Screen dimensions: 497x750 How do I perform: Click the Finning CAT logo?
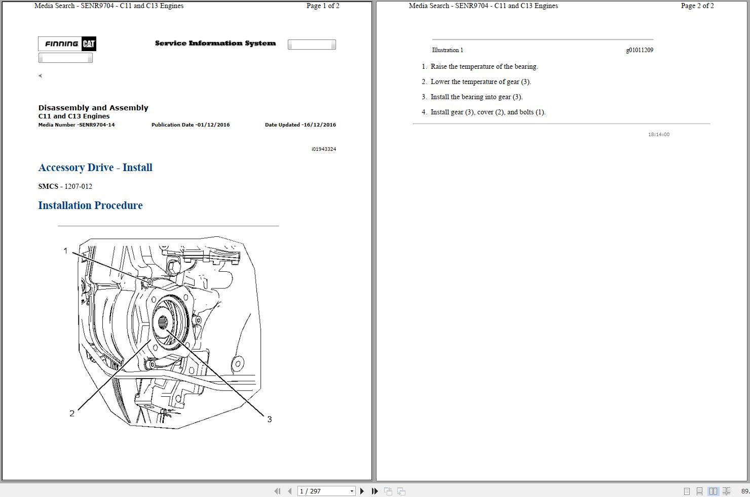coord(67,44)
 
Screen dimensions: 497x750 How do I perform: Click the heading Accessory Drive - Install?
coord(95,168)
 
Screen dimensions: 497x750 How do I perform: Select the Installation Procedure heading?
coord(90,205)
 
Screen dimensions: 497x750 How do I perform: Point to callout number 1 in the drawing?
coord(65,251)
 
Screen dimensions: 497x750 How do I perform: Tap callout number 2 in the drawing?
coord(72,413)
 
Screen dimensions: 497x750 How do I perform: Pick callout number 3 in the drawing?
coord(270,419)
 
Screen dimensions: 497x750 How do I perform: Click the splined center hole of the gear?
coord(163,322)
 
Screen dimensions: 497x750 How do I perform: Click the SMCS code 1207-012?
coord(78,186)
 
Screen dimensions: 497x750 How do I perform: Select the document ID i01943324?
coord(324,149)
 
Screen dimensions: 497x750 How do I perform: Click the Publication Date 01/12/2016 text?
coord(191,125)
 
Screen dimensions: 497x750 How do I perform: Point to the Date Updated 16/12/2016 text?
coord(300,125)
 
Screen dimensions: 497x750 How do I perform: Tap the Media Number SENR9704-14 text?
coord(77,125)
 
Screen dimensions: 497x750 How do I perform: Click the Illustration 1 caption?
coord(447,50)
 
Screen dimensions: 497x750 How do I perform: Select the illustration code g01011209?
coord(640,50)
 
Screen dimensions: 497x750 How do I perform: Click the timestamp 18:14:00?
coord(658,135)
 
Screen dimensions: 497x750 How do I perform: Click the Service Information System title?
coord(215,44)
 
